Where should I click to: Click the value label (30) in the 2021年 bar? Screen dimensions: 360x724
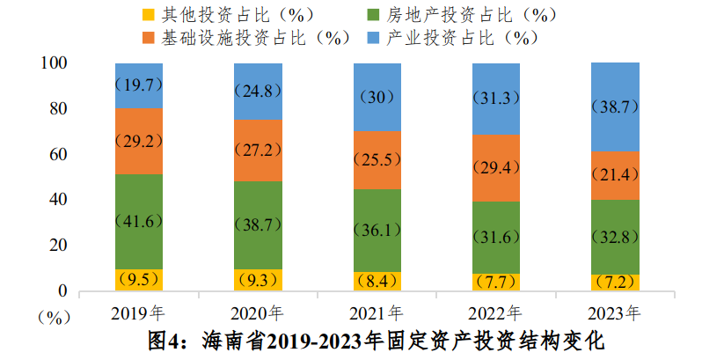point(377,97)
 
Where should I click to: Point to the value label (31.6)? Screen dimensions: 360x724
point(495,238)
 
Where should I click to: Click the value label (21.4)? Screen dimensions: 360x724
point(614,175)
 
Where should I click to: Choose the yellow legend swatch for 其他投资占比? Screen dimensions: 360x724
point(147,15)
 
